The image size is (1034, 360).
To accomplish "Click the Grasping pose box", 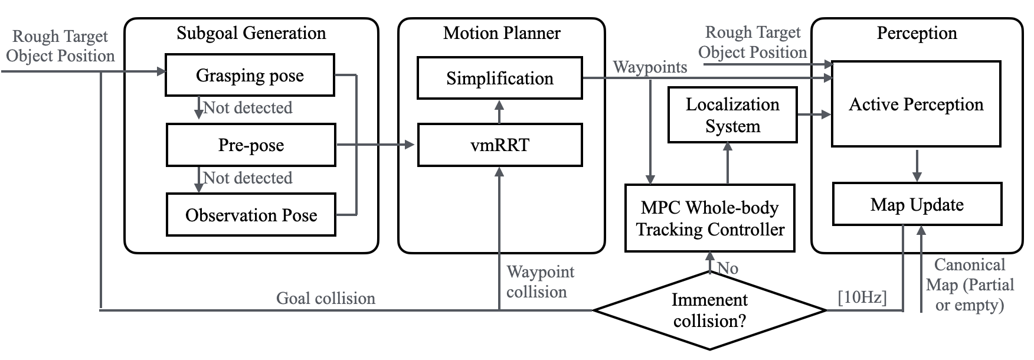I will click(250, 75).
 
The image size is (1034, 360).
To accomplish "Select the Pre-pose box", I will click(251, 145).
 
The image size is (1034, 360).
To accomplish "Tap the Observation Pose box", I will click(251, 215).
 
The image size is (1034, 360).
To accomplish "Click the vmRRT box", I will click(499, 145).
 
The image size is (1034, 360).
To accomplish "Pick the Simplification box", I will click(499, 78).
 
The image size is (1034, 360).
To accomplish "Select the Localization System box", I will click(732, 115).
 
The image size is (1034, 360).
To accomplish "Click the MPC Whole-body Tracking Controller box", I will click(709, 218).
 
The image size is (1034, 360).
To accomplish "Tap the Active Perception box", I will click(915, 104).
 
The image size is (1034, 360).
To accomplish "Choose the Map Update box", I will click(917, 205).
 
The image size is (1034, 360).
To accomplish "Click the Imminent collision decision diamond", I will click(709, 310).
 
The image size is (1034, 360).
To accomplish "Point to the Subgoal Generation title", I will click(251, 32).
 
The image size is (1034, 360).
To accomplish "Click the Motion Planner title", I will click(502, 32).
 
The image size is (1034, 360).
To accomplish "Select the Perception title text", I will click(917, 32).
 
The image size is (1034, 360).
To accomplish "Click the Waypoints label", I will click(650, 67).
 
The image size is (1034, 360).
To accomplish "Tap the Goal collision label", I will click(326, 298).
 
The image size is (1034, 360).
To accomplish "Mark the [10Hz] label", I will click(862, 297).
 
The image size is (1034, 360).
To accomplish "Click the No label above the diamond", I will click(728, 269).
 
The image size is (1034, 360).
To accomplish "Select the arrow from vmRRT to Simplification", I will click(499, 112).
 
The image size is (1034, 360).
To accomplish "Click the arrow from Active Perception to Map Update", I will click(917, 165).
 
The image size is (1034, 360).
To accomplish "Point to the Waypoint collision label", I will click(539, 282).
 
